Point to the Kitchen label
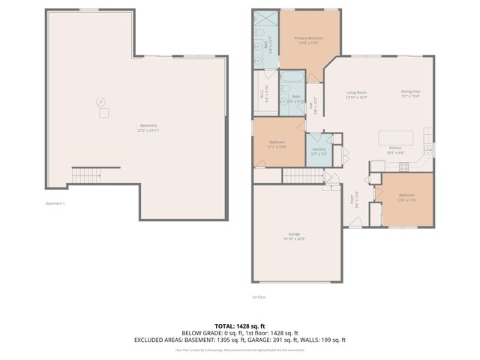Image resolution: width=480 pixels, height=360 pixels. [x=396, y=149]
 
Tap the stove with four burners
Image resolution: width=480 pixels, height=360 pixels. [x=403, y=166]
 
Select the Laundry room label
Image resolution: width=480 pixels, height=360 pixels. [x=318, y=149]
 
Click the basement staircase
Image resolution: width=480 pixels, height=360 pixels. [x=86, y=175]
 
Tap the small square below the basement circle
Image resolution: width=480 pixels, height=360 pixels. [x=104, y=112]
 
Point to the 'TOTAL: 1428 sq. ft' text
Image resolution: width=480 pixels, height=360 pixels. [x=240, y=326]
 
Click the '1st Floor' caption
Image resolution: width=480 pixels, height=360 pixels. [x=259, y=297]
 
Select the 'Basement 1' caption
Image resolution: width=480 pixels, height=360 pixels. [x=55, y=203]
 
